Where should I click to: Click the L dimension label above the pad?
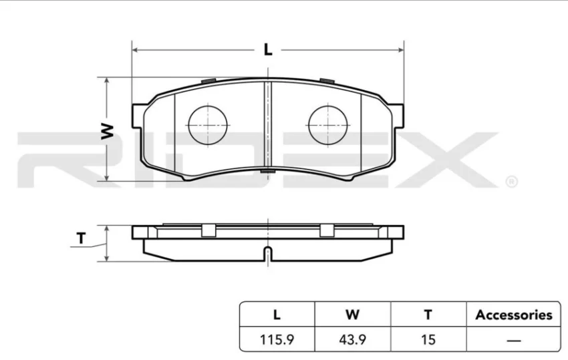[268, 49]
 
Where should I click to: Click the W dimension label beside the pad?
[107, 131]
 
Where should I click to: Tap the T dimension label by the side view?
[81, 238]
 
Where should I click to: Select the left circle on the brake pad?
[208, 126]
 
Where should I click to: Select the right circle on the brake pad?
[328, 126]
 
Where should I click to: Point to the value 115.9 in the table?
[277, 340]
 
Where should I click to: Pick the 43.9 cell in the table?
[352, 340]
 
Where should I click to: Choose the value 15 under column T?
[428, 340]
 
